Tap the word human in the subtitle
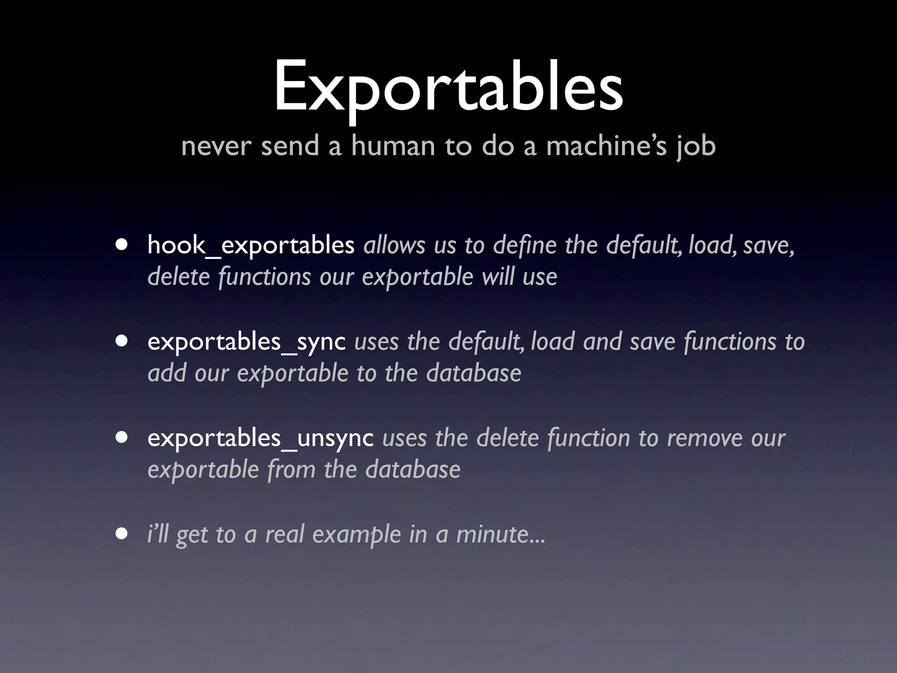click(x=392, y=146)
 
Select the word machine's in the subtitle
click(x=606, y=146)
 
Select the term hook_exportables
click(x=251, y=245)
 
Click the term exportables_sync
click(x=246, y=341)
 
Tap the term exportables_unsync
click(x=260, y=438)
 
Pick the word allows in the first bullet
click(x=394, y=245)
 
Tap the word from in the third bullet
click(x=291, y=470)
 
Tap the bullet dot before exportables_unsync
click(x=122, y=438)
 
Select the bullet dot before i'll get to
click(x=122, y=534)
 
